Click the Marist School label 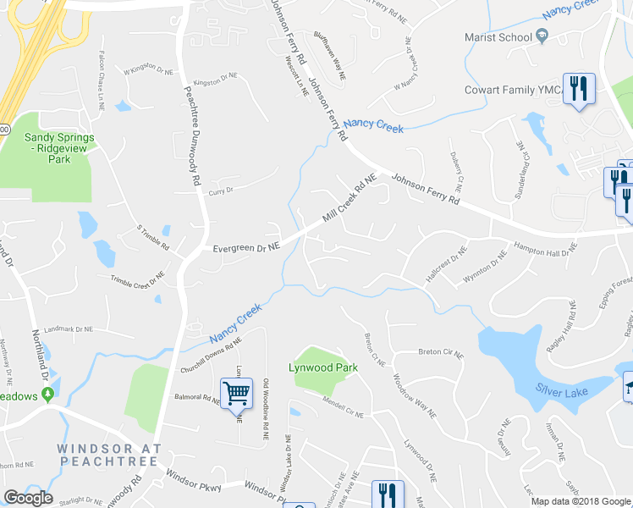click(x=498, y=37)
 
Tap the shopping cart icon click(x=236, y=392)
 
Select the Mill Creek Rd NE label click(x=350, y=201)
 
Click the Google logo click(x=28, y=498)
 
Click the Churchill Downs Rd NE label click(x=211, y=356)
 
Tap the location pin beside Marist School click(x=542, y=36)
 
